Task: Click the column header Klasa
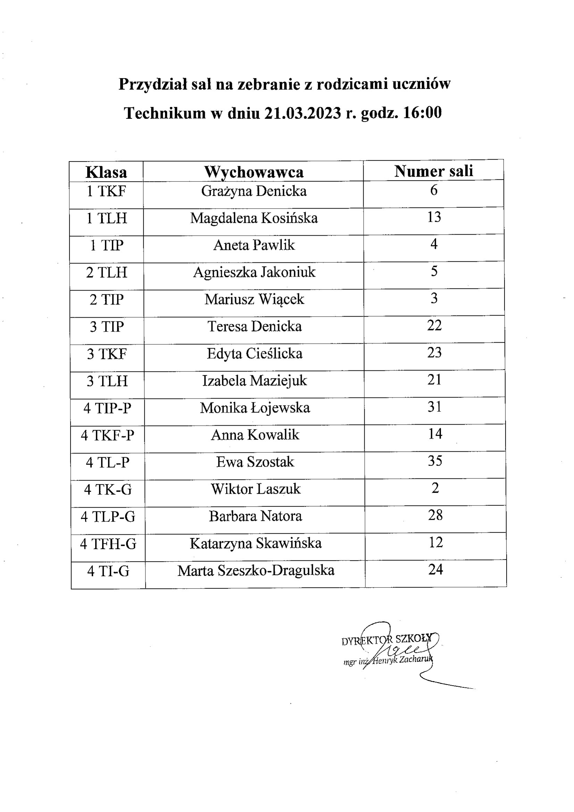(x=106, y=172)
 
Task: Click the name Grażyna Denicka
(x=253, y=191)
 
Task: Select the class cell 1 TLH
(x=107, y=218)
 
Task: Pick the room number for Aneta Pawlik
(x=434, y=244)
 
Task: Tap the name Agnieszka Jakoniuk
(x=254, y=272)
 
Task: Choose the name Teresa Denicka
(x=254, y=326)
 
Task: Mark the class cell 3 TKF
(x=107, y=354)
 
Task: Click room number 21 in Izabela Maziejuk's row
(x=434, y=379)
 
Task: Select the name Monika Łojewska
(x=255, y=408)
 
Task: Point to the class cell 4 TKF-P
(x=108, y=435)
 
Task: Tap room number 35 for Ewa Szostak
(x=435, y=461)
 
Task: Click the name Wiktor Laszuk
(x=255, y=489)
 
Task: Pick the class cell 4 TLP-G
(x=108, y=517)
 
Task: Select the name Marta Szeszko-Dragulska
(x=256, y=570)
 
